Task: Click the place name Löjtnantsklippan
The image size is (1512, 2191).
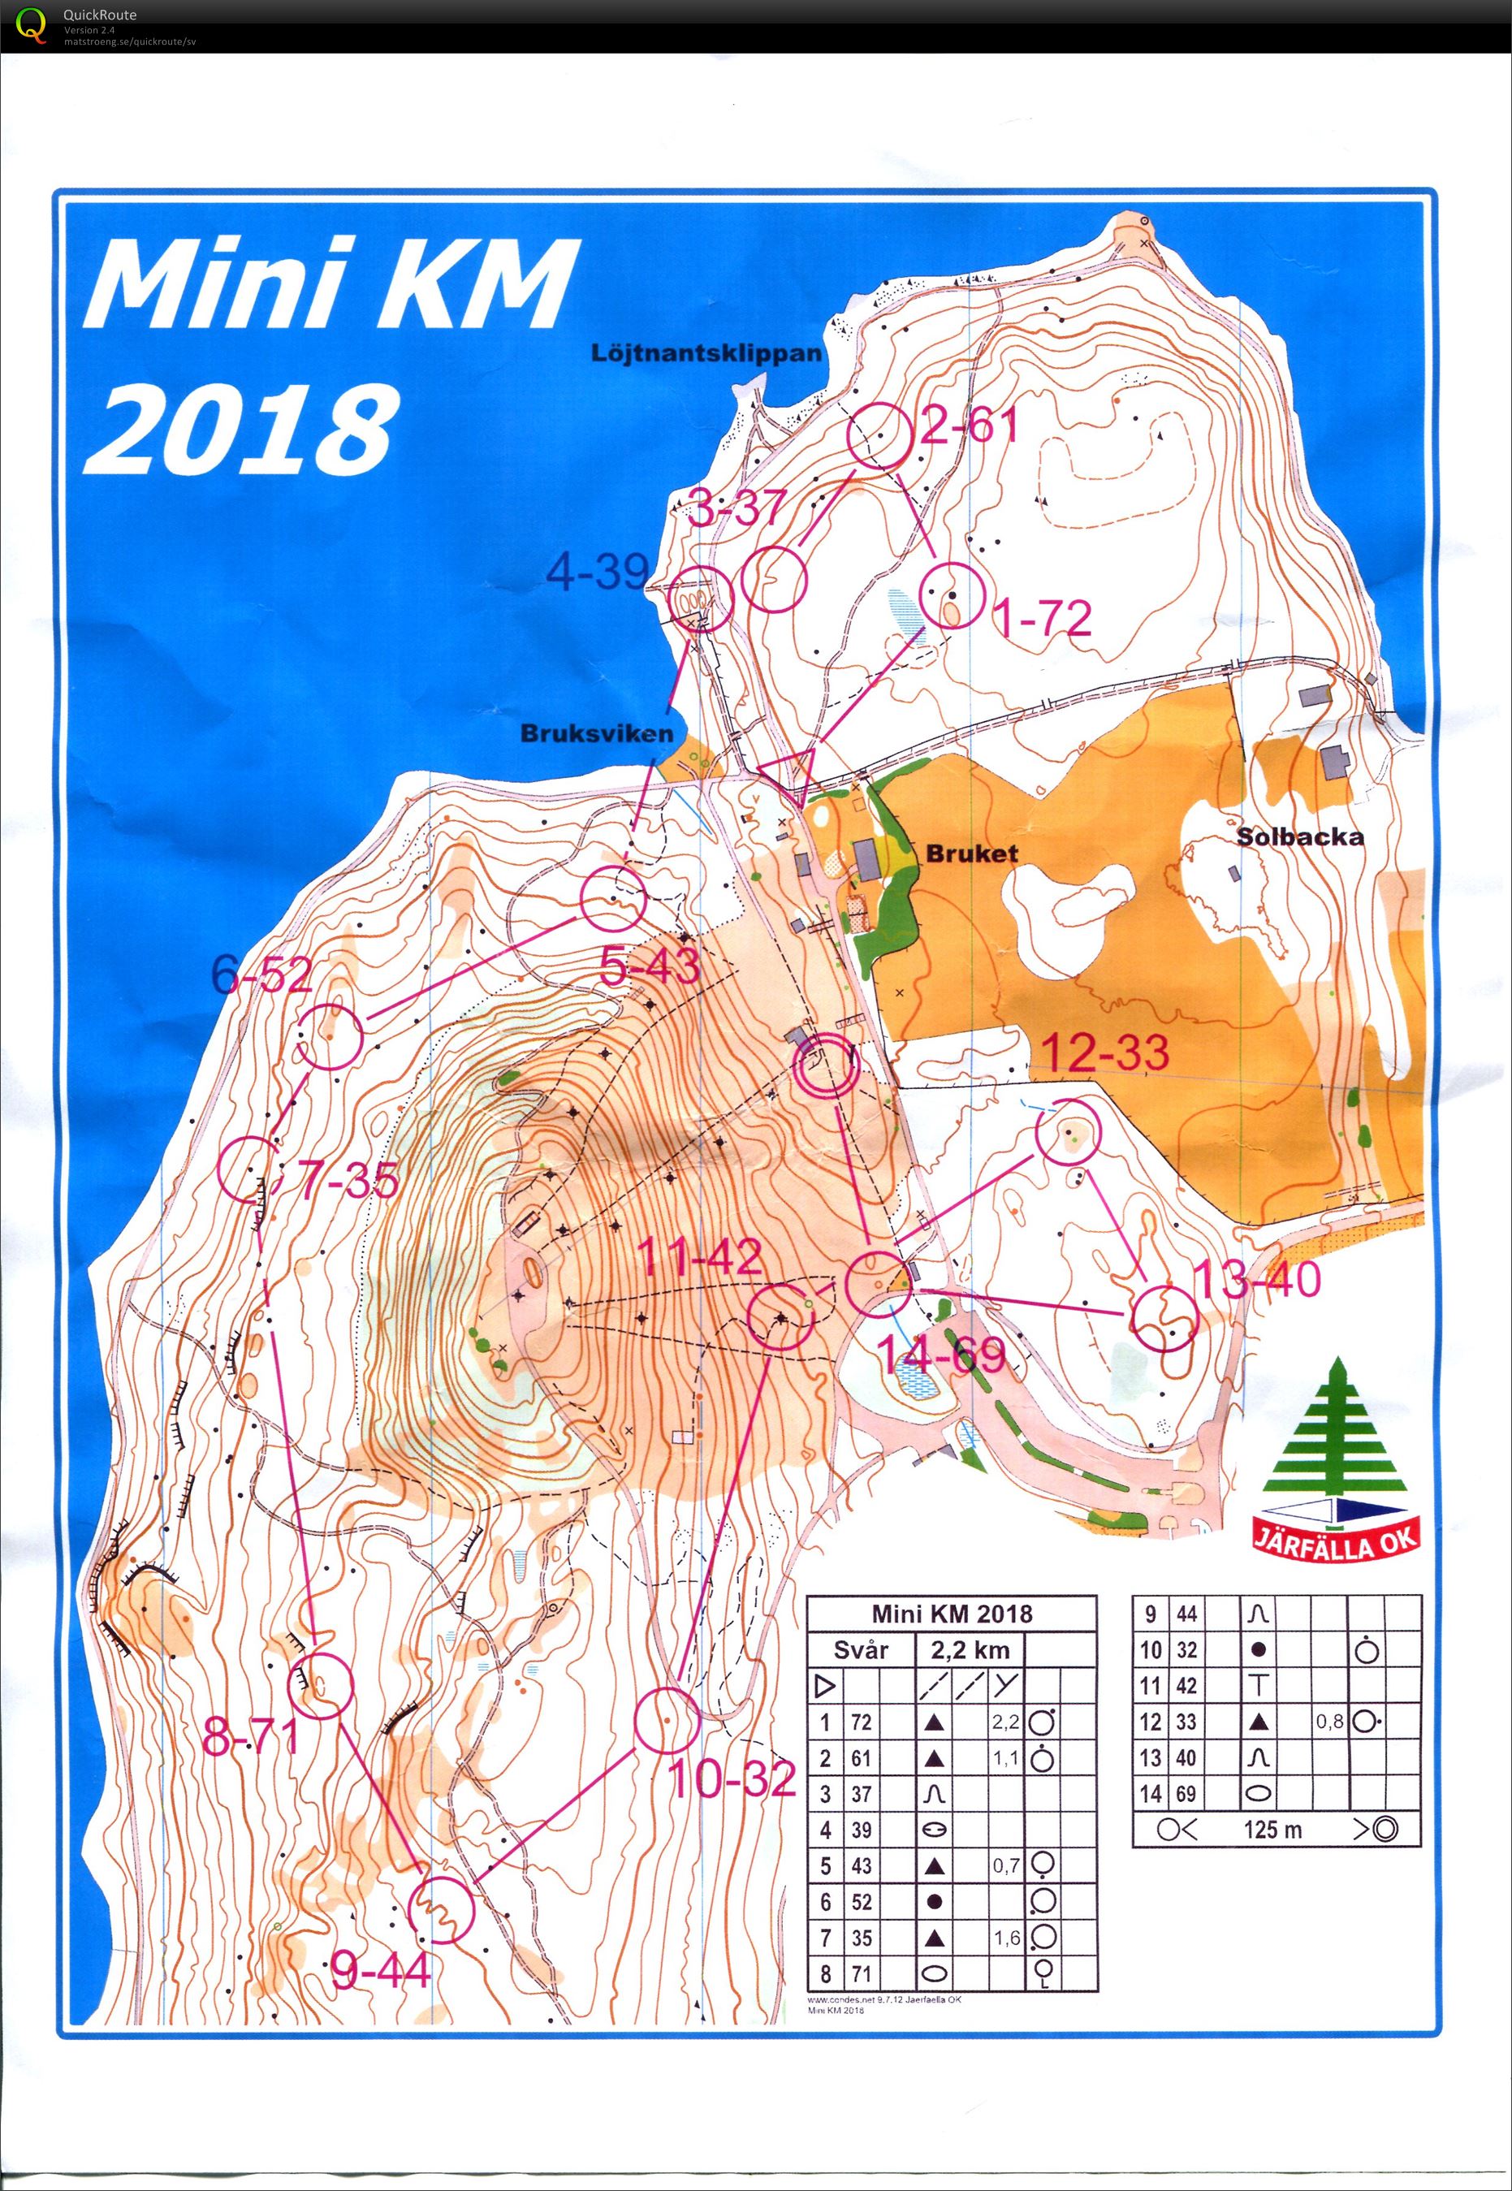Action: tap(706, 353)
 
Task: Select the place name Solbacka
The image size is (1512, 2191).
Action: tap(1300, 836)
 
